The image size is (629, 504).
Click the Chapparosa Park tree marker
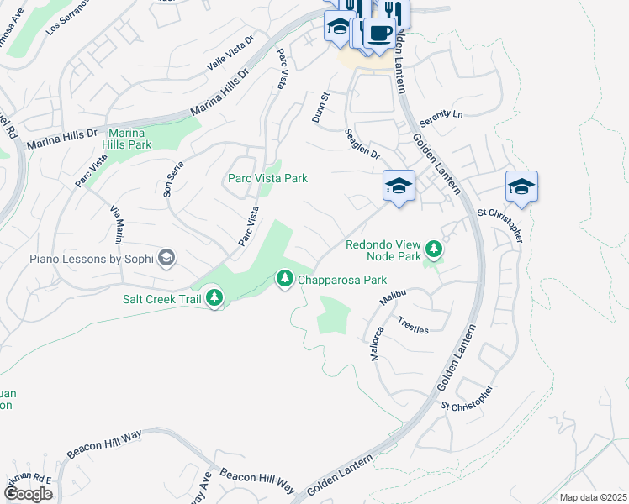click(285, 278)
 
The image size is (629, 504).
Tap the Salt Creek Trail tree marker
click(214, 297)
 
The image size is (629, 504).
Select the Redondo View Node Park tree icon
click(434, 248)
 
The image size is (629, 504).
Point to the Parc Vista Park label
click(267, 178)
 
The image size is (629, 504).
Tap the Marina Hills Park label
click(127, 139)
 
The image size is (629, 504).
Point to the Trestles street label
click(413, 325)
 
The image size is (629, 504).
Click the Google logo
click(27, 494)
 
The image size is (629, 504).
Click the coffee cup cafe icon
click(379, 33)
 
